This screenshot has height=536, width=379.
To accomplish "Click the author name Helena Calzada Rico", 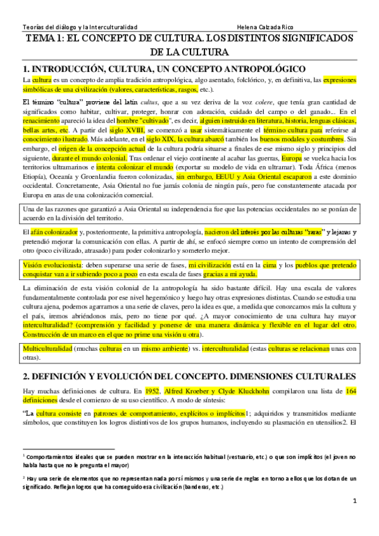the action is (x=269, y=28).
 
